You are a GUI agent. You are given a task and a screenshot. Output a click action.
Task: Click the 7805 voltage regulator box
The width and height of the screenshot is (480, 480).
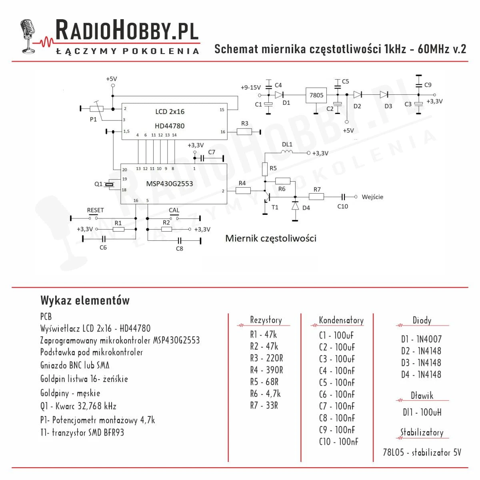(316, 95)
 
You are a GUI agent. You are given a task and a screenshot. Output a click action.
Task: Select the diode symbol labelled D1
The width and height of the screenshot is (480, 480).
(279, 95)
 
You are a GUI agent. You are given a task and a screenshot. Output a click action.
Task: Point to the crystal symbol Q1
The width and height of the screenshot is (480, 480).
(109, 184)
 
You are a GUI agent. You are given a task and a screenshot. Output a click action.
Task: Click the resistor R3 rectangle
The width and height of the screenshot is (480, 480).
(244, 132)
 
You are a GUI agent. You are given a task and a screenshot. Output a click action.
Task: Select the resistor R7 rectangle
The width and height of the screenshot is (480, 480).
(316, 197)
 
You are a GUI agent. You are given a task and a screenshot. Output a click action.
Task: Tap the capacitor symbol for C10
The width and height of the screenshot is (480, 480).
(343, 197)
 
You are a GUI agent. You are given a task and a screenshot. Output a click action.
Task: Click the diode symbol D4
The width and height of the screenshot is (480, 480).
(295, 206)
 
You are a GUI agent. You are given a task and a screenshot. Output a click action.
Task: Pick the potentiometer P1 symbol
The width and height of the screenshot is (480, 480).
(97, 108)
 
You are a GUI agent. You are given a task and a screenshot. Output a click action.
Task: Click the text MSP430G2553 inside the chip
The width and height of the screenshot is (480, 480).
(169, 184)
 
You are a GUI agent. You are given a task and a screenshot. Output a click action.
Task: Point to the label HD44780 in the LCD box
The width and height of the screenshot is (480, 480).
(170, 126)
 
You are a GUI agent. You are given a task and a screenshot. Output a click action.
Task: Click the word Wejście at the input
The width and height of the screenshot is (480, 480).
(372, 197)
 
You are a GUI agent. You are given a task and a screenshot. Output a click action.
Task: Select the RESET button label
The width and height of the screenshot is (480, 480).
(96, 210)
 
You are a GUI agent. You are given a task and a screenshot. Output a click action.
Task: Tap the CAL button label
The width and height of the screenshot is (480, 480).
(174, 210)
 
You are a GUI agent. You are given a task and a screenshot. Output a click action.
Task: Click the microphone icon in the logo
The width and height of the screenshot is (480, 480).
(28, 36)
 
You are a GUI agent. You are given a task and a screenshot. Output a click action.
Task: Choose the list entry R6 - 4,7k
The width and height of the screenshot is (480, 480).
(265, 394)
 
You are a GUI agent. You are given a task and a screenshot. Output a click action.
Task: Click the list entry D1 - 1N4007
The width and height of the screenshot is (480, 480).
(421, 339)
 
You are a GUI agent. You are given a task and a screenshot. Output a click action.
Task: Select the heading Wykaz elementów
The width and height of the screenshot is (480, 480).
(85, 300)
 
